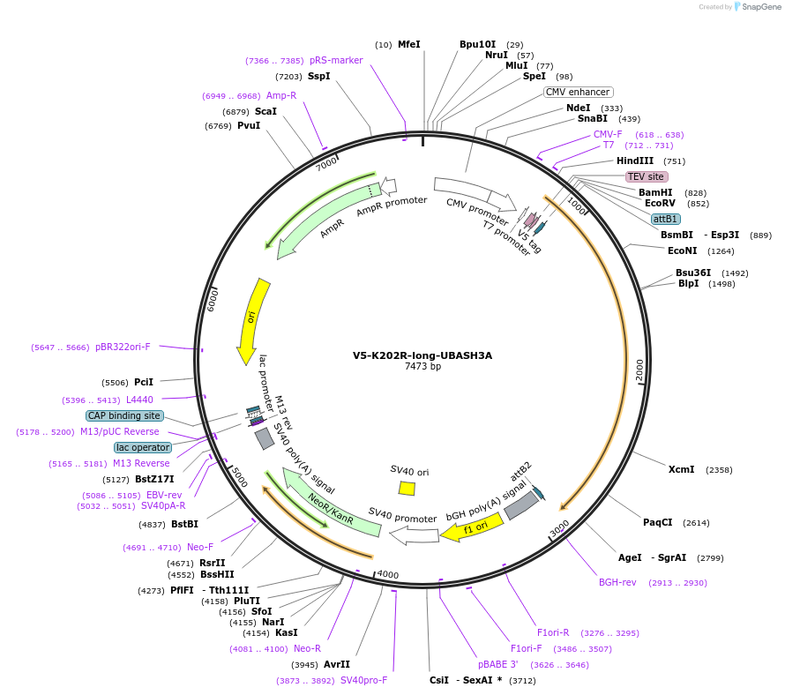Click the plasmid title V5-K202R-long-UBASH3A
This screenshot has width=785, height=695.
pyautogui.click(x=422, y=355)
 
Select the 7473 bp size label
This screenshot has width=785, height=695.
pyautogui.click(x=422, y=366)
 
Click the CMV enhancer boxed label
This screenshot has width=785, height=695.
pyautogui.click(x=578, y=92)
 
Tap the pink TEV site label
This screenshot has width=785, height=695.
pyautogui.click(x=646, y=176)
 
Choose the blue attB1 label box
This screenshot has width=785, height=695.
pyautogui.click(x=665, y=219)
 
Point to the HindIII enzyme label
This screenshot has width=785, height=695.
pyautogui.click(x=635, y=161)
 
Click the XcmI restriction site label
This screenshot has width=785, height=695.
pyautogui.click(x=682, y=469)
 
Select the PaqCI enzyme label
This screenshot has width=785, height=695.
pyautogui.click(x=658, y=522)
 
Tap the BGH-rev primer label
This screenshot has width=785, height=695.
pyautogui.click(x=617, y=582)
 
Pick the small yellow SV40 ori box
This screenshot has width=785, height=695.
pyautogui.click(x=407, y=488)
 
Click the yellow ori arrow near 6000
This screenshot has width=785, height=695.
pyautogui.click(x=252, y=319)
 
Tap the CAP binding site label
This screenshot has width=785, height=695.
pyautogui.click(x=124, y=415)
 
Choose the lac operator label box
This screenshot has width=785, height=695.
pyautogui.click(x=143, y=447)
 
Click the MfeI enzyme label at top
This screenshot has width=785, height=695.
pyautogui.click(x=409, y=44)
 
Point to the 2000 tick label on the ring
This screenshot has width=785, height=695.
pyautogui.click(x=639, y=370)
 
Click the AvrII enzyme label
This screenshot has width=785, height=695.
pyautogui.click(x=337, y=664)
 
